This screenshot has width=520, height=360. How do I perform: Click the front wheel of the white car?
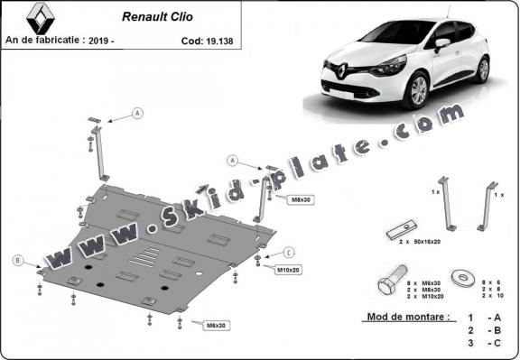click(x=419, y=93)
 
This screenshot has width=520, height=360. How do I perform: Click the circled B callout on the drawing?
click(x=18, y=260)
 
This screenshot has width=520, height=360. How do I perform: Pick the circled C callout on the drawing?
click(x=290, y=252)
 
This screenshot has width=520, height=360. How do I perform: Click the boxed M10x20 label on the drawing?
click(x=288, y=270)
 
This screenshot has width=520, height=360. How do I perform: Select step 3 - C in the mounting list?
click(x=482, y=344)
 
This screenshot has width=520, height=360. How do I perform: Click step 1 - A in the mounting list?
click(x=482, y=318)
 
